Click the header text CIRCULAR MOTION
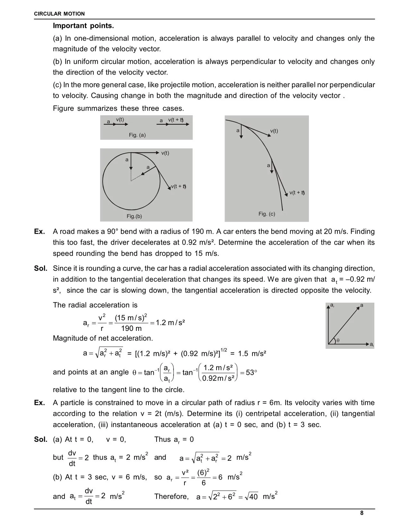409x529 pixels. point(59,14)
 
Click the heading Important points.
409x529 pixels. point(83,26)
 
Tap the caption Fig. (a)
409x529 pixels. point(137,135)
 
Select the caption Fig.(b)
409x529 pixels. point(134,216)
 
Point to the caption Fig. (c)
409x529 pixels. point(267,214)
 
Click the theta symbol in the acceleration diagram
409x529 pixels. point(338,340)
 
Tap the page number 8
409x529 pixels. point(362,513)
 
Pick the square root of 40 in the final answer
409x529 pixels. point(251,497)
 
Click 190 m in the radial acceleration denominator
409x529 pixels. point(131,328)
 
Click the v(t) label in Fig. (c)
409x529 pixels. point(274,131)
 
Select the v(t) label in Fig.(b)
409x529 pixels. point(165,153)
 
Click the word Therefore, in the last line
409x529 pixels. point(171,497)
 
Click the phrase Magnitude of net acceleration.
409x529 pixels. point(103,338)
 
